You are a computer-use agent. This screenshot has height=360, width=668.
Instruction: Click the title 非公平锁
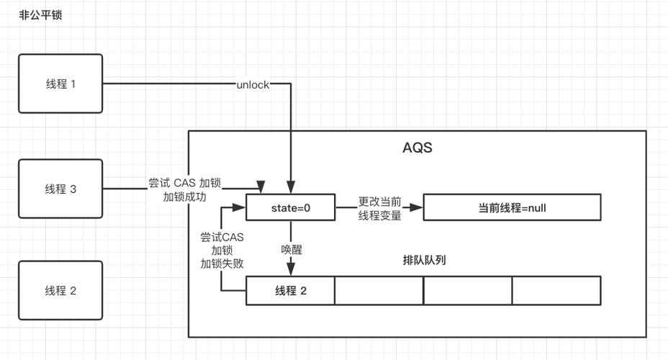click(40, 14)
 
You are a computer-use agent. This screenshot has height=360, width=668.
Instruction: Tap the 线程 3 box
click(60, 189)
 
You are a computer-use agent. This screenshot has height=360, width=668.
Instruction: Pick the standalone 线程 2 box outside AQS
click(60, 291)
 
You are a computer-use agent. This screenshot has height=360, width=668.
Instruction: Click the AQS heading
click(417, 149)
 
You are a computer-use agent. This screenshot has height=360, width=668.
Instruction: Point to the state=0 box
click(291, 208)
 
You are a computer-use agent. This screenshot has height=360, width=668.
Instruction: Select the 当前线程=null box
click(512, 208)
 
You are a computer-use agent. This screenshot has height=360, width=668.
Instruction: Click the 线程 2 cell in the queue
click(291, 291)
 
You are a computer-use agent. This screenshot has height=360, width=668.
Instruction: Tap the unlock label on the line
click(253, 85)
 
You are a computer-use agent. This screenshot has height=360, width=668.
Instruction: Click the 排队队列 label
click(424, 260)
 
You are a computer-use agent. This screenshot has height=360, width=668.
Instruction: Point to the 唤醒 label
click(292, 249)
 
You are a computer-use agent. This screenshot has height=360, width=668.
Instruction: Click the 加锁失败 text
click(222, 264)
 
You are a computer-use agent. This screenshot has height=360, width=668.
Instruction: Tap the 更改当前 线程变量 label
click(379, 209)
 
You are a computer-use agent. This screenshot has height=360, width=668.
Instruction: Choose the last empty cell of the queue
click(556, 291)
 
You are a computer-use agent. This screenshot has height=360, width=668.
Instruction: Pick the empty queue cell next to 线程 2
click(379, 291)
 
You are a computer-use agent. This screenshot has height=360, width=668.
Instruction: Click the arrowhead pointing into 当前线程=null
click(418, 208)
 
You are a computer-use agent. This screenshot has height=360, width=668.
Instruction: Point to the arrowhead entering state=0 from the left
click(242, 208)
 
